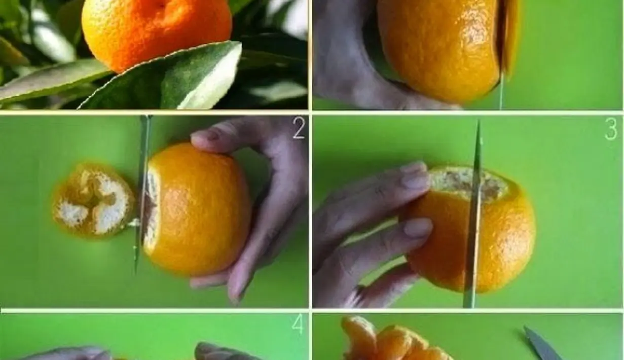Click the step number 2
[x=299, y=128]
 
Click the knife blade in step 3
[x=473, y=214]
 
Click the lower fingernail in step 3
[x=418, y=227]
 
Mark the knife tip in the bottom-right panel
[x=525, y=327]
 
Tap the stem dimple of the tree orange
[x=161, y=5]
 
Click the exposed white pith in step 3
[x=468, y=183]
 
